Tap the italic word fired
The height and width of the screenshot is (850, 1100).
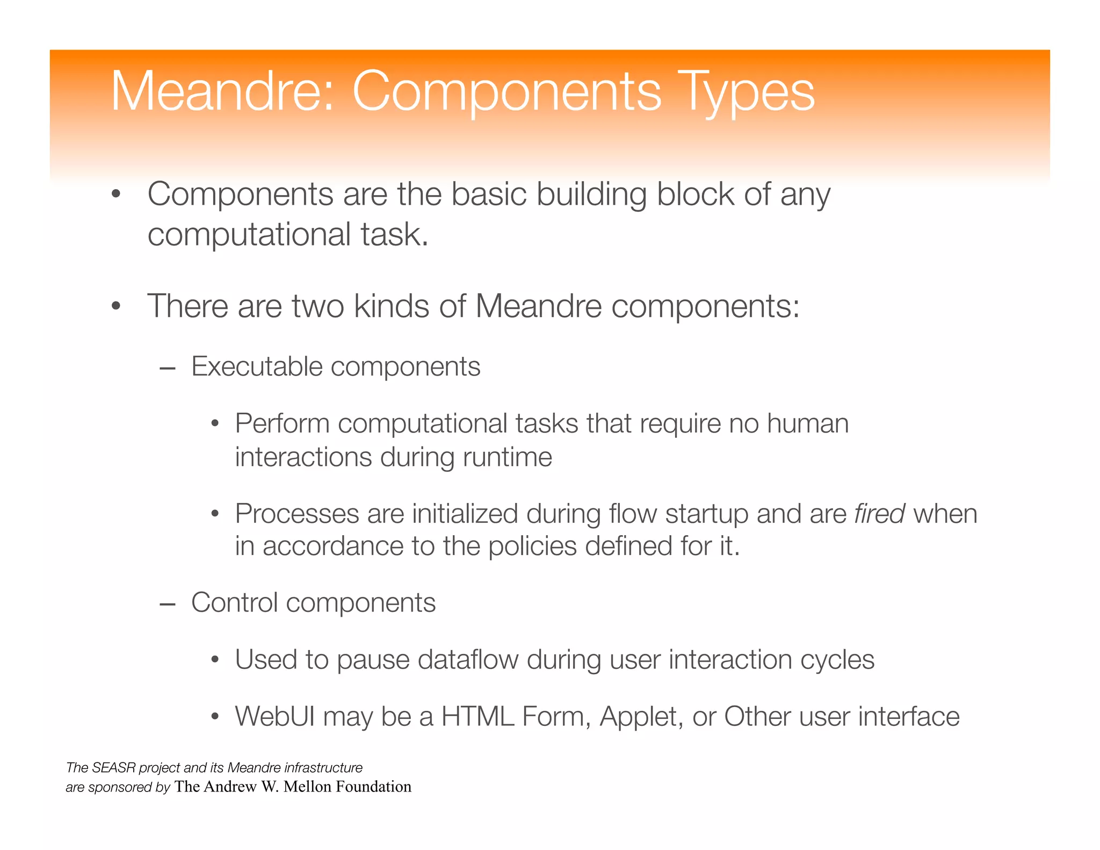(879, 514)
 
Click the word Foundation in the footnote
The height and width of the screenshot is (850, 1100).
(373, 787)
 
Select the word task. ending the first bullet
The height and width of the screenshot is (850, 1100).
(395, 235)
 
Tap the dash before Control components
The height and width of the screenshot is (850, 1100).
(168, 604)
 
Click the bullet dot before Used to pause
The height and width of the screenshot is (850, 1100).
(215, 660)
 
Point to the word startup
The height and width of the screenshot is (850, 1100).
(706, 515)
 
